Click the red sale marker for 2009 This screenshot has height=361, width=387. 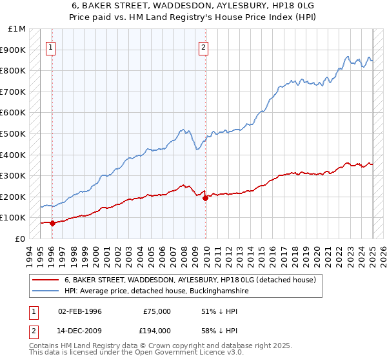click(206, 199)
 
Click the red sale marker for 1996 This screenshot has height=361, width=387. click(52, 223)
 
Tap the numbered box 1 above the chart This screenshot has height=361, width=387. click(51, 46)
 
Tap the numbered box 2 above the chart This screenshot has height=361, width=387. click(203, 46)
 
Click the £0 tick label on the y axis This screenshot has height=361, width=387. click(21, 239)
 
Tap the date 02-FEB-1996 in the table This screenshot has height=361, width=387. click(80, 311)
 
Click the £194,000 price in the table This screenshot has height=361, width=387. click(157, 330)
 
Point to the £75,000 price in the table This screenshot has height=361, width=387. click(157, 311)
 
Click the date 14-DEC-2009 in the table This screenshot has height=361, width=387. click(80, 330)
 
